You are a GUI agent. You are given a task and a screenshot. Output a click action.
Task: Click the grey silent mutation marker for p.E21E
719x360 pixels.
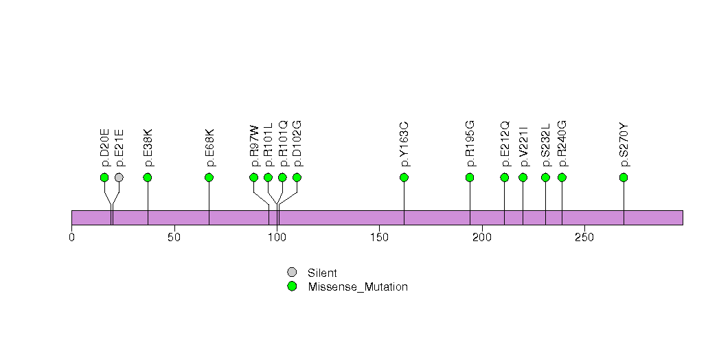[119, 177]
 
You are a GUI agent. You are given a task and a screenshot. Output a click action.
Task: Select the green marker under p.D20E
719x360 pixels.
[104, 177]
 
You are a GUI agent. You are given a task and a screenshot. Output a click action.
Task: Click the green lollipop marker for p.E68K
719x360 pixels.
[209, 177]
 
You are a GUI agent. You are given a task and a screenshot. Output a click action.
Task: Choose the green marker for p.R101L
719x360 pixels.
[268, 177]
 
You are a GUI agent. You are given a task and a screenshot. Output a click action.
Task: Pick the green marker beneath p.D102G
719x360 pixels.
[297, 177]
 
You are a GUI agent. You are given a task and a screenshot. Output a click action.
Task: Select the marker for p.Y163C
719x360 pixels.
[404, 177]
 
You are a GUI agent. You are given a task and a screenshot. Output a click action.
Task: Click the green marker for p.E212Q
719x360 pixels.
[505, 177]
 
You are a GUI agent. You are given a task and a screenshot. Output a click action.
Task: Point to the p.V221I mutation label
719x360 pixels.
[523, 146]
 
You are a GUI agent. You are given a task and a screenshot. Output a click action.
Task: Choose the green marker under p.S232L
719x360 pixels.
[545, 177]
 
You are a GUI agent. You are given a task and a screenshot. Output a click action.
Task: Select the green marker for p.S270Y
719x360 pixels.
[624, 177]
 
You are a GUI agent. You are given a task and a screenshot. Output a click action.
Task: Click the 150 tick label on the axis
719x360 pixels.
[380, 237]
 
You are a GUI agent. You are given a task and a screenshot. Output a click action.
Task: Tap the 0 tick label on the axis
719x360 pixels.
[72, 237]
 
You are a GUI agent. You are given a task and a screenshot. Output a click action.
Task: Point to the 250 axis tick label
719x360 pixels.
[584, 237]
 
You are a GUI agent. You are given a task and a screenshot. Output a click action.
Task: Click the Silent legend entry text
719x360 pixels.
[322, 273]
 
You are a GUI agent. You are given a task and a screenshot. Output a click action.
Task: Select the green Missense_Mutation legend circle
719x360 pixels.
[292, 286]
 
